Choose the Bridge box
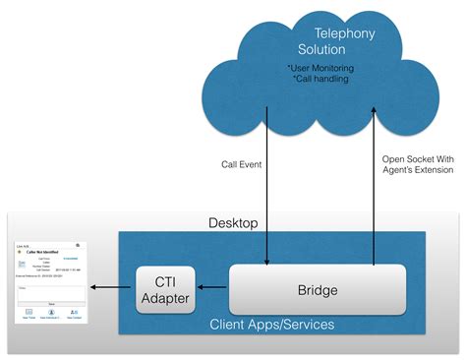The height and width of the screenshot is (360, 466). point(318,289)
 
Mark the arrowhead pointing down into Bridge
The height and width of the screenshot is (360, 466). point(267,261)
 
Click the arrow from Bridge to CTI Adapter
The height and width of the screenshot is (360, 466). point(211,289)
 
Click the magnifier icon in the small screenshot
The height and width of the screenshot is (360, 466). point(78,245)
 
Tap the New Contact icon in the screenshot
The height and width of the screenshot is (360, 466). point(74,314)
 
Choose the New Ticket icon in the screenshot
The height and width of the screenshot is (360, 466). point(28,314)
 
